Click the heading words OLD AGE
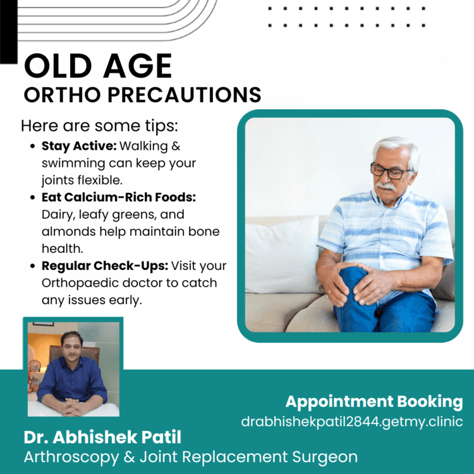98,66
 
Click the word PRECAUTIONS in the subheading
185,95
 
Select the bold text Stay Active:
79,146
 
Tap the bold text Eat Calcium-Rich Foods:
119,197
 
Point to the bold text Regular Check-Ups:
104,266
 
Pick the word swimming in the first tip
73,164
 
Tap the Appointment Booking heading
374,402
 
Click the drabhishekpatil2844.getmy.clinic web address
352,422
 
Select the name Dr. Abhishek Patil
102,437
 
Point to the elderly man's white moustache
386,186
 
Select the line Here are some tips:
99,126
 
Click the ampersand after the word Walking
176,147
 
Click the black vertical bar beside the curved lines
9,32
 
